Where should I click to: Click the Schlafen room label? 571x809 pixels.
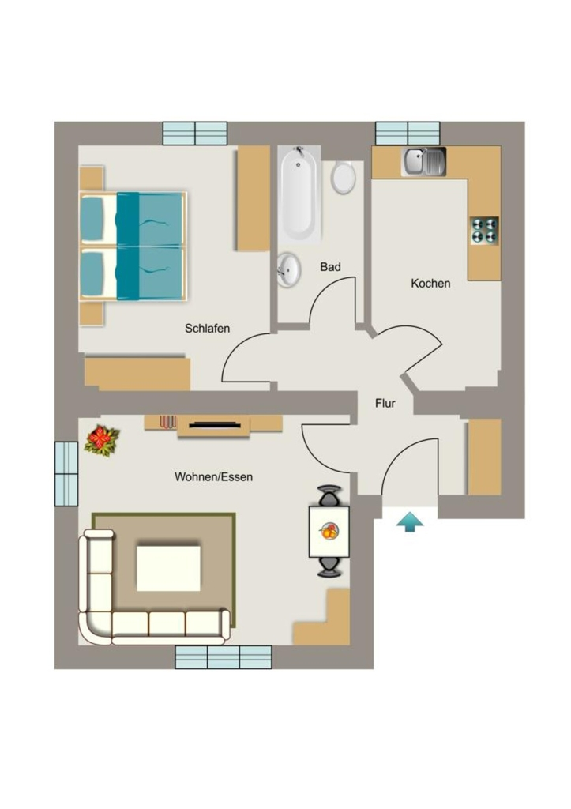208,328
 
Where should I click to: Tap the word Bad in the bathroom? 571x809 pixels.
330,267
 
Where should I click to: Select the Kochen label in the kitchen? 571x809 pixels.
430,284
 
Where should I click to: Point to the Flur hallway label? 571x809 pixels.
385,404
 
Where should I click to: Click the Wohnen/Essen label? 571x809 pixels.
213,476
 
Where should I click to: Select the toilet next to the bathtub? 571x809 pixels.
343,178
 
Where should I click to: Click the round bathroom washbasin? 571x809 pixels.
288,269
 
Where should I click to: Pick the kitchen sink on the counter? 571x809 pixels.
424,161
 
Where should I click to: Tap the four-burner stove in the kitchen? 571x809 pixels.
484,231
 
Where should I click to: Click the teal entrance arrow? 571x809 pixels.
410,521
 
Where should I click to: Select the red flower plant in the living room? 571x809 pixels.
102,440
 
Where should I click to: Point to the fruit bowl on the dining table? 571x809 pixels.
329,531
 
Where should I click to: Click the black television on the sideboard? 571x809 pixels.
215,425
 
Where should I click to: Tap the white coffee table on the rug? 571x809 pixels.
168,568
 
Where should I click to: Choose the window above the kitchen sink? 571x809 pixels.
408,134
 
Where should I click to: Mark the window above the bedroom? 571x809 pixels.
195,134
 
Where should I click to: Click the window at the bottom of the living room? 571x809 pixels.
224,657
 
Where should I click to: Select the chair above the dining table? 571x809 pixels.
329,495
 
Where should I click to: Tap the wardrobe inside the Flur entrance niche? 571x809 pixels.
484,457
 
